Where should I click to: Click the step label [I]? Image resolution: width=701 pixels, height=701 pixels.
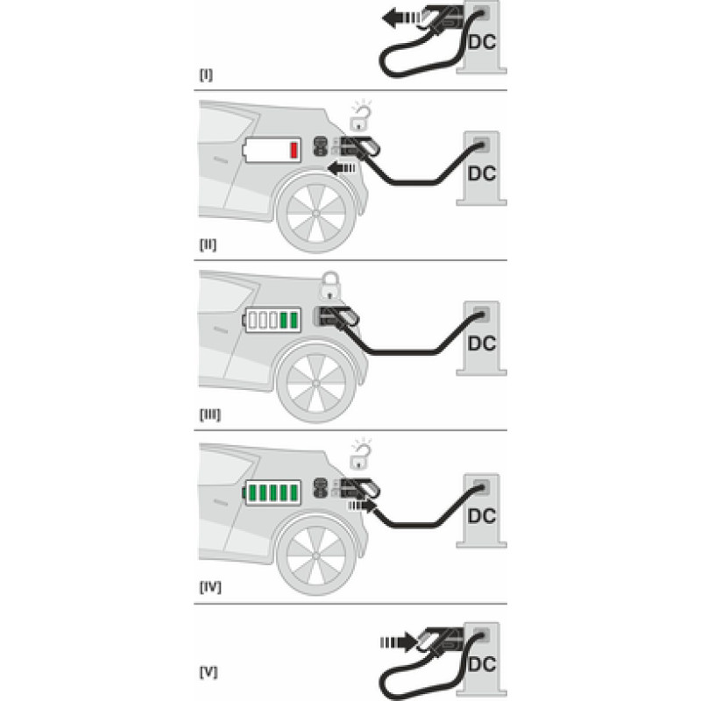[x=206, y=74]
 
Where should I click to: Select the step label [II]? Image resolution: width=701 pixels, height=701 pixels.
[x=208, y=244]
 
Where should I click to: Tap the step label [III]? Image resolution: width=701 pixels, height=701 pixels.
[x=210, y=414]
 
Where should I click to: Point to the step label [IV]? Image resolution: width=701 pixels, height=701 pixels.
[x=210, y=586]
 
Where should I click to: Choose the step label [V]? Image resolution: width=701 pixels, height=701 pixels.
[x=209, y=672]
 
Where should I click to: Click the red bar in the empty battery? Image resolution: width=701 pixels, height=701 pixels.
[x=294, y=150]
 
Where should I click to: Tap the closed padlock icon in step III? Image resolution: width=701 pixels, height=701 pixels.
[x=330, y=287]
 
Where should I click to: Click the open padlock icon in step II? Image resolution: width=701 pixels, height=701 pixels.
[x=360, y=116]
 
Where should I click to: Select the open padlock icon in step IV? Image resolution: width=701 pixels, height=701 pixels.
[x=360, y=454]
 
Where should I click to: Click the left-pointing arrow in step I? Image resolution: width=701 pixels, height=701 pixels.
[x=401, y=18]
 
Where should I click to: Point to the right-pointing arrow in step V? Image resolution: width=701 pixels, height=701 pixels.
[x=400, y=642]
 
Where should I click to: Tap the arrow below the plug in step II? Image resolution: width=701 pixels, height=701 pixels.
[x=342, y=168]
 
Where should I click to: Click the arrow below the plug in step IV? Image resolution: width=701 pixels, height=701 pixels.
[x=362, y=506]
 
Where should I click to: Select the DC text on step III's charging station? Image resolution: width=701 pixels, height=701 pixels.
[x=482, y=343]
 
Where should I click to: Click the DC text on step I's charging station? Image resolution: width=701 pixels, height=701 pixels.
[x=482, y=42]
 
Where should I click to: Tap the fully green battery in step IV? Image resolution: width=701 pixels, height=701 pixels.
[x=273, y=492]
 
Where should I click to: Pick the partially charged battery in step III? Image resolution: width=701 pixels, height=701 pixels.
[x=273, y=320]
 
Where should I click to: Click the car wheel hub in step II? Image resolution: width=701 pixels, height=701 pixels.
[x=316, y=214]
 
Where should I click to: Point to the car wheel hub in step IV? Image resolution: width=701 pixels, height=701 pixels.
[x=316, y=556]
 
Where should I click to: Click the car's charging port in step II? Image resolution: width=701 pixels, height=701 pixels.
[x=321, y=146]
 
